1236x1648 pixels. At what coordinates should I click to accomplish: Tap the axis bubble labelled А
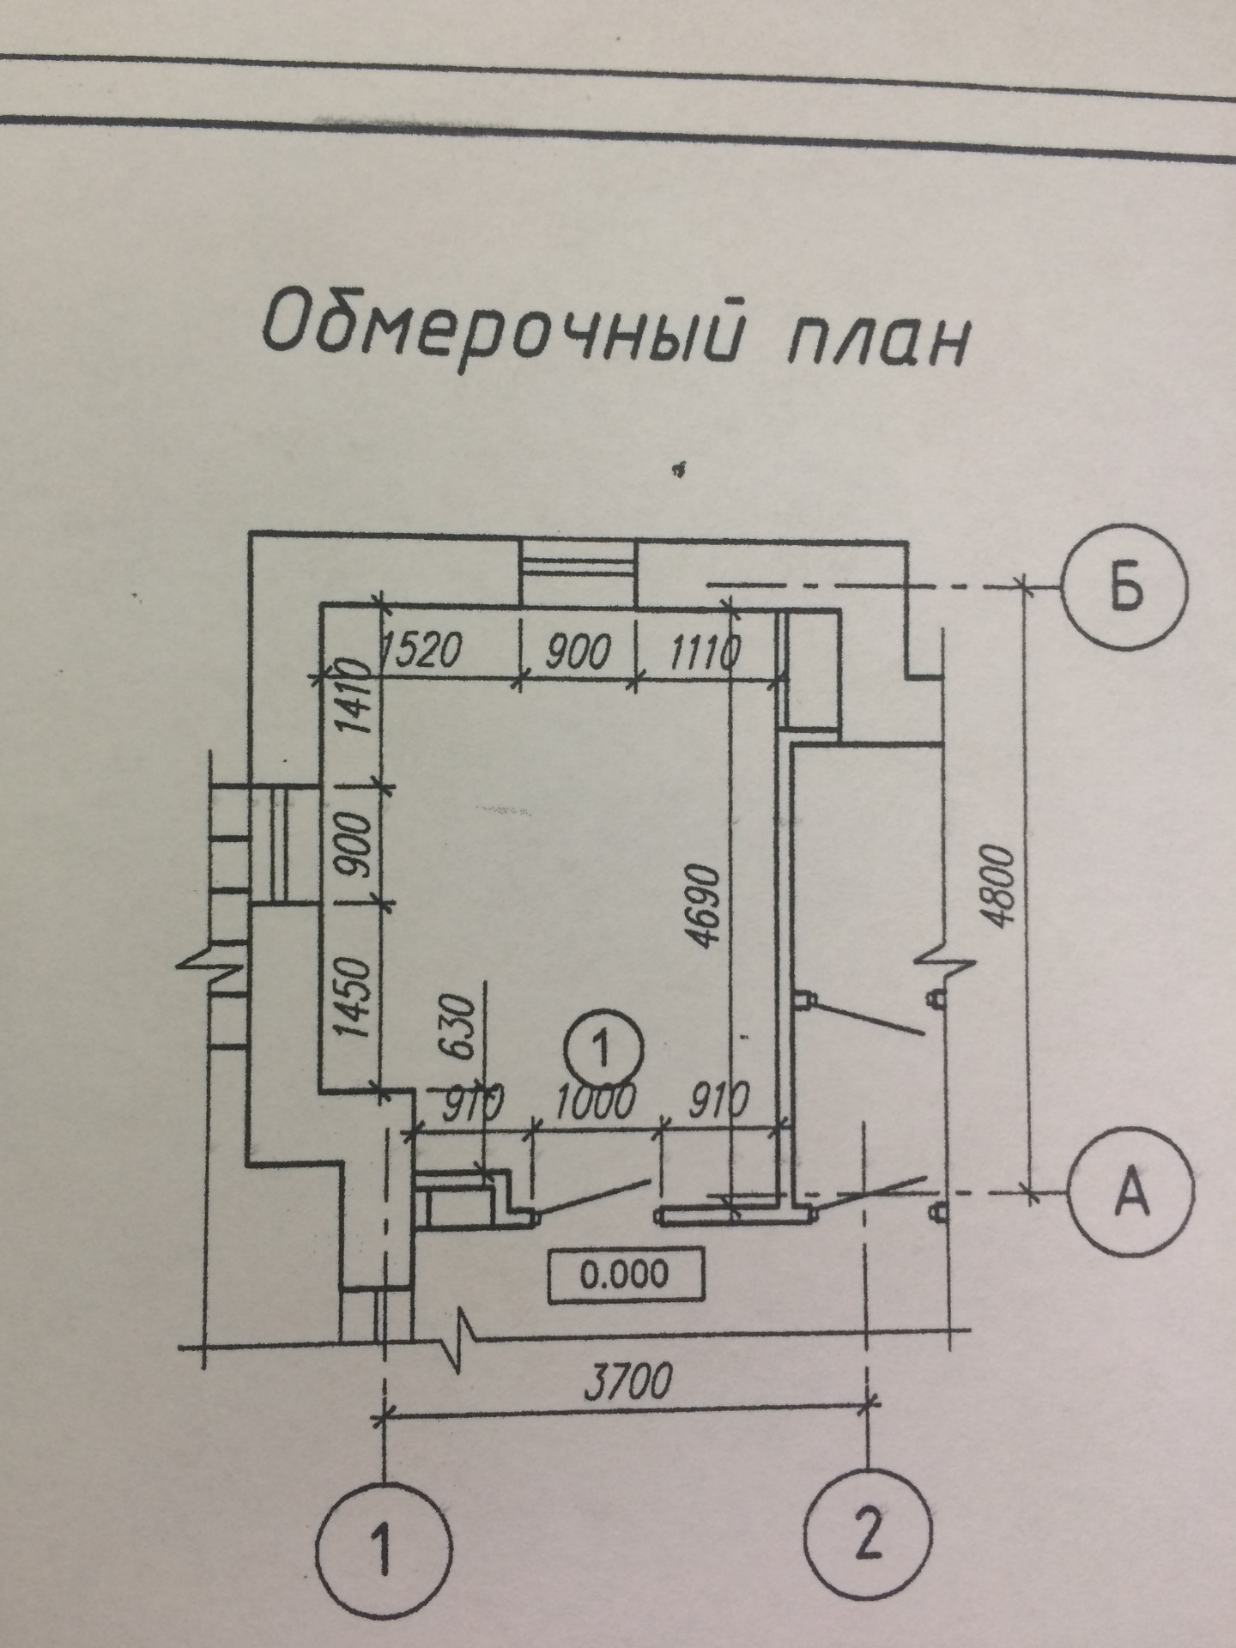tap(1131, 1193)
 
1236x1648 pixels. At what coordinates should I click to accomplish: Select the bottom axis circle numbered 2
tap(869, 1534)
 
